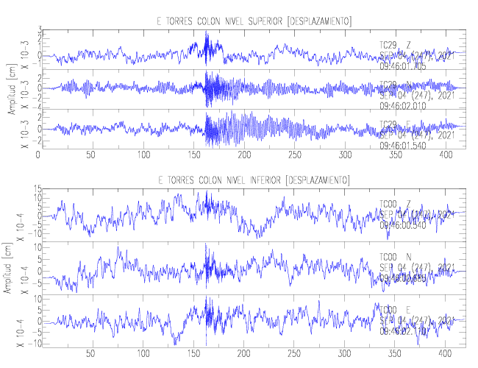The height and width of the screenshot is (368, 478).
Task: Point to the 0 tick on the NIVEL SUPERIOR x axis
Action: (x=38, y=155)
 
